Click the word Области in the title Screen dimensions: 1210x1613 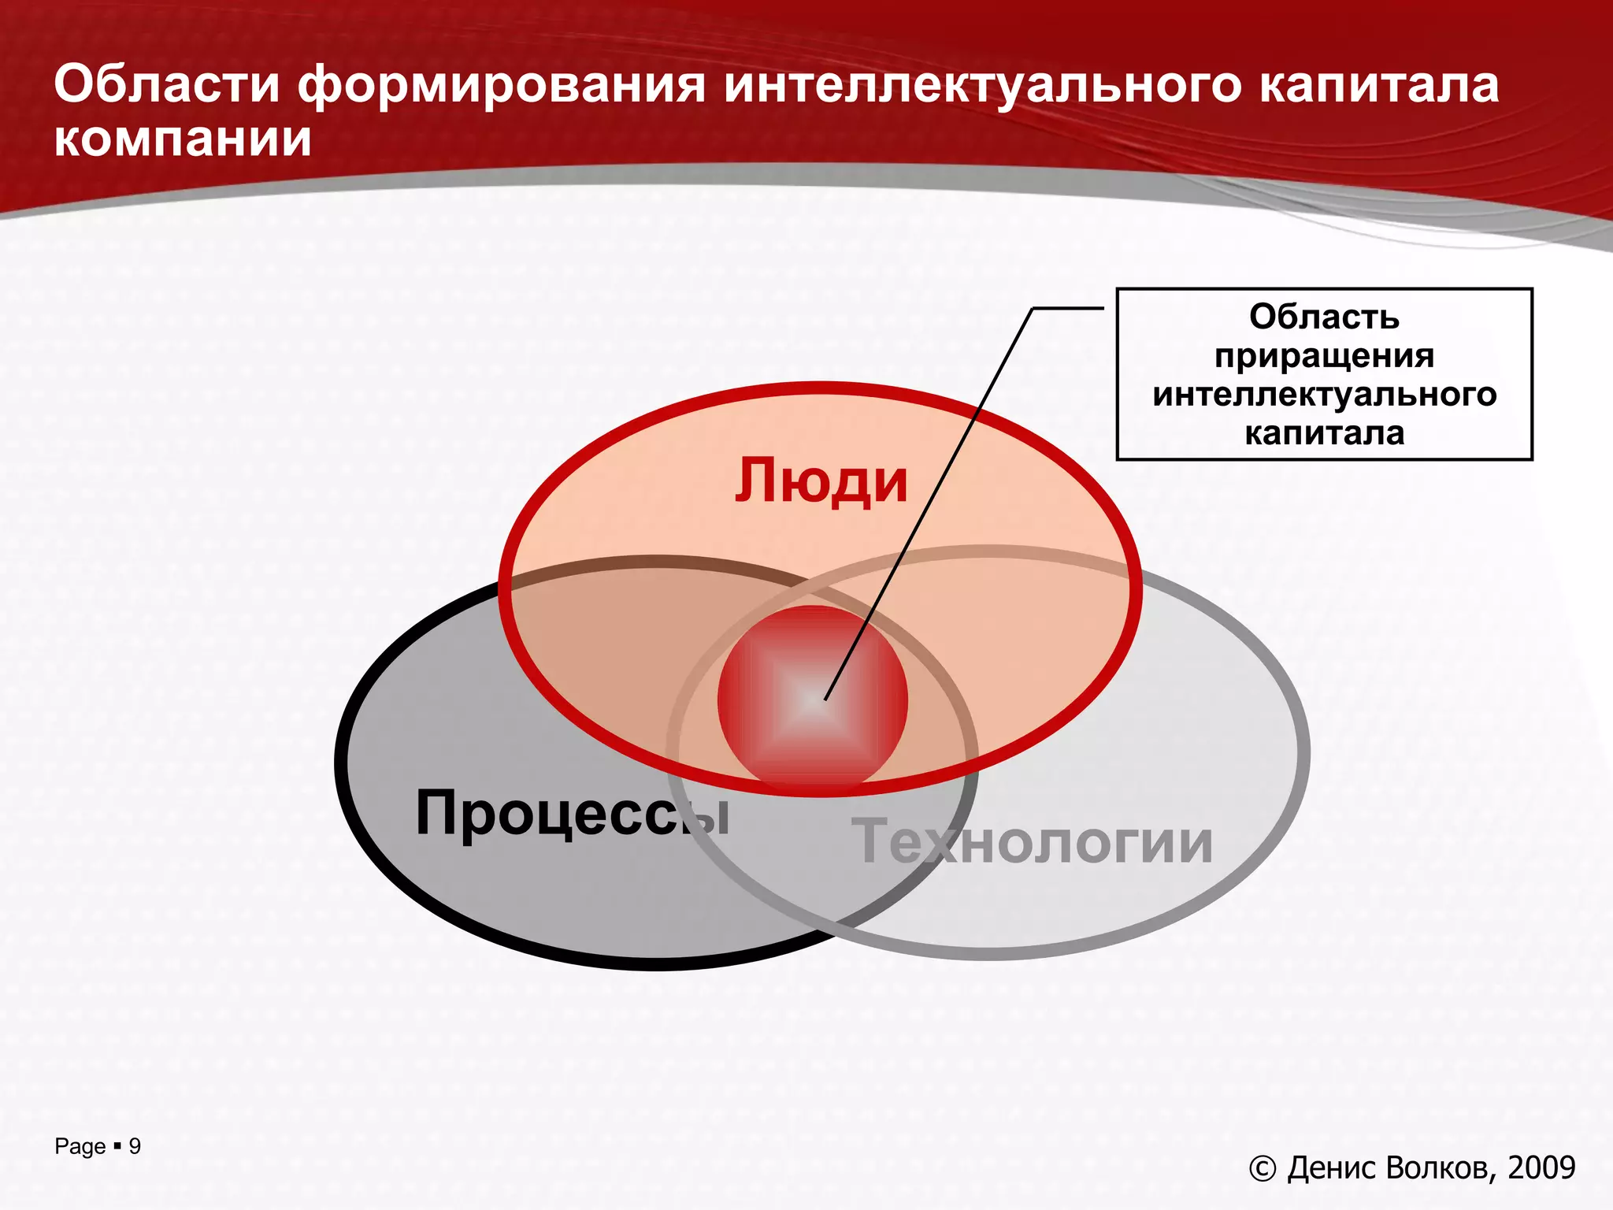[x=167, y=84]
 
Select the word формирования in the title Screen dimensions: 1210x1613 [x=502, y=86]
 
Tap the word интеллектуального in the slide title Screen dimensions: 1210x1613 [x=982, y=86]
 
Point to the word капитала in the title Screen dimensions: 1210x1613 [x=1379, y=86]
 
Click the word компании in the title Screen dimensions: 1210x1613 [x=183, y=139]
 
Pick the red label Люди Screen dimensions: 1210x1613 [x=821, y=481]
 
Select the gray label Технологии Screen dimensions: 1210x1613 [x=1033, y=842]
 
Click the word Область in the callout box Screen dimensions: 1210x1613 [x=1324, y=317]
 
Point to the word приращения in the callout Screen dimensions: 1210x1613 [x=1324, y=356]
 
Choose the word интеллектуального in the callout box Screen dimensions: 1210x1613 [x=1324, y=395]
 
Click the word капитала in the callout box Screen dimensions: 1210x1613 [x=1324, y=433]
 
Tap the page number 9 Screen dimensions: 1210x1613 [x=135, y=1146]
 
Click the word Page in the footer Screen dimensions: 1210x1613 [x=80, y=1147]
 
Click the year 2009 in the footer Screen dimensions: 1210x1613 [x=1541, y=1167]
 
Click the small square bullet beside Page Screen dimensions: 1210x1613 [x=117, y=1145]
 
